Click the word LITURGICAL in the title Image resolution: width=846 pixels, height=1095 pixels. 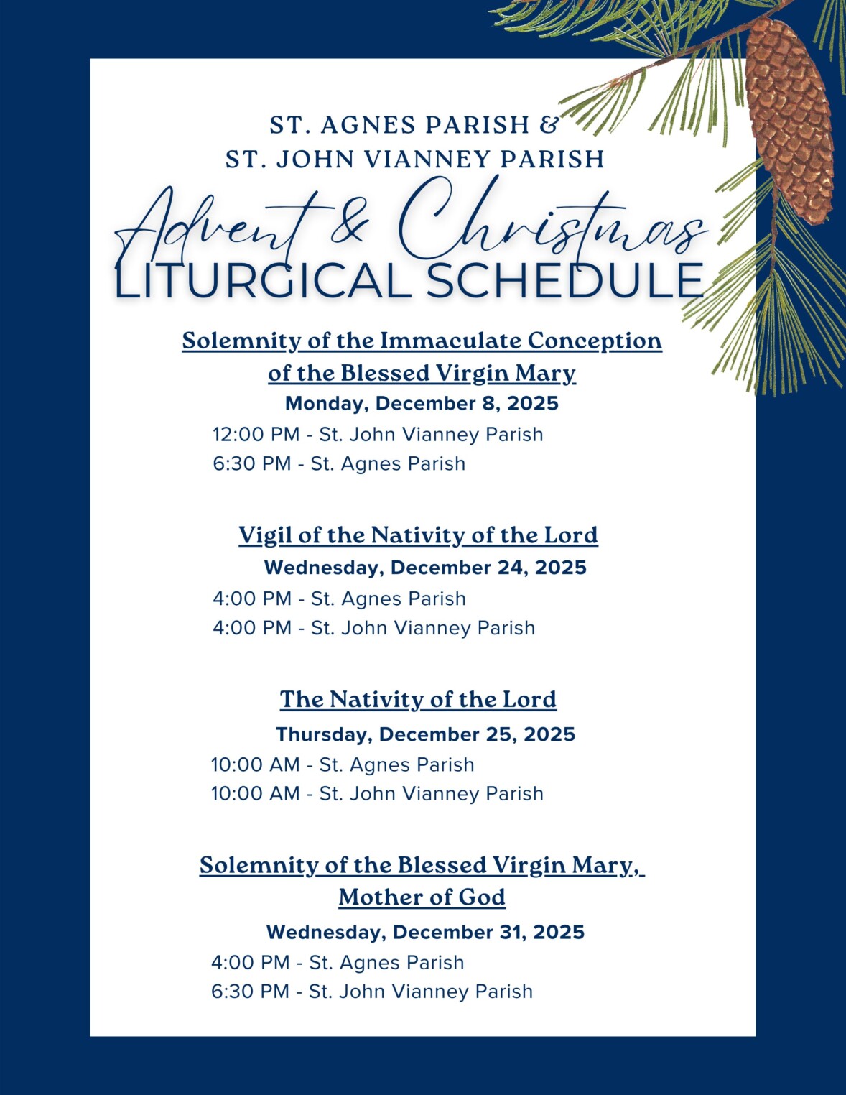[262, 281]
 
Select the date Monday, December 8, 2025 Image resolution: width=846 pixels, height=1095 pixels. [422, 403]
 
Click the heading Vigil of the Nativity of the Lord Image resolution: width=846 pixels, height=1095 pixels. [418, 535]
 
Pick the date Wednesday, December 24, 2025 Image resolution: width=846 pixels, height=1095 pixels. [425, 568]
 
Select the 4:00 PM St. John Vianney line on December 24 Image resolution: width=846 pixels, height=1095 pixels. [373, 628]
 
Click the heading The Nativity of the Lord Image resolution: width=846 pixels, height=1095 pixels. [418, 699]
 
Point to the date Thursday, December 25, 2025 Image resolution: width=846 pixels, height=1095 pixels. [425, 734]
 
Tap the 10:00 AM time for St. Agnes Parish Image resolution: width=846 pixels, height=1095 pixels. [255, 765]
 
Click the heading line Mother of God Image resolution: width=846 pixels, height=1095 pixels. [422, 897]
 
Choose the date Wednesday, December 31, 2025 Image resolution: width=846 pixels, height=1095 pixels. [425, 933]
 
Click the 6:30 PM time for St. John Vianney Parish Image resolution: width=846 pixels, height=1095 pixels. [250, 992]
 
